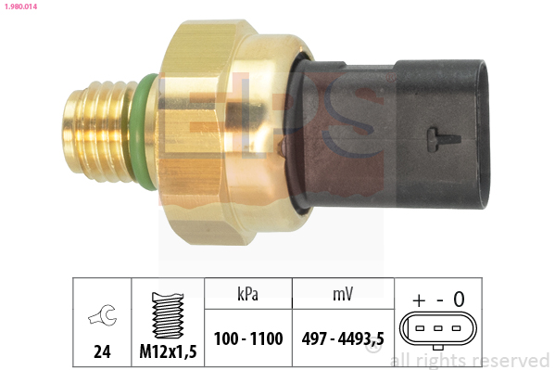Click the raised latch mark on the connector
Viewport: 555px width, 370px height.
[x=442, y=139]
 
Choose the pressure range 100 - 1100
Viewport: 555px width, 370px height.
[x=247, y=339]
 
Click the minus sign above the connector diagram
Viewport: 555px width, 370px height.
[x=437, y=299]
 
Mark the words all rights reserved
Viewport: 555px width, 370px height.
[x=470, y=360]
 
